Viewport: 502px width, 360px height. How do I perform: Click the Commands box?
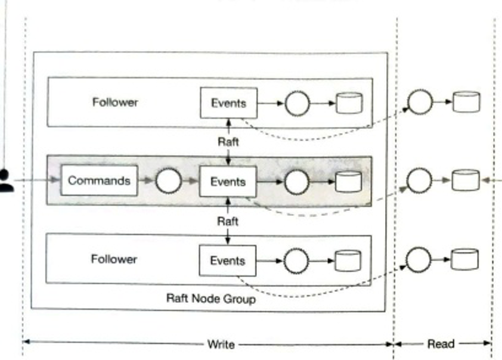click(99, 181)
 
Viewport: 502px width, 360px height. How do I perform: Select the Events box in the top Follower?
click(228, 103)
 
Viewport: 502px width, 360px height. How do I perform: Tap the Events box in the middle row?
click(228, 181)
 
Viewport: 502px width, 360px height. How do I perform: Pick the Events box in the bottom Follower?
click(228, 260)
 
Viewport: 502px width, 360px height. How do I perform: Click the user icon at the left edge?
click(6, 181)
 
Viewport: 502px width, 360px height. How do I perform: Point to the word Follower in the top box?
click(115, 102)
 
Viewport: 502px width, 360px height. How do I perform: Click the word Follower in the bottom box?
click(114, 259)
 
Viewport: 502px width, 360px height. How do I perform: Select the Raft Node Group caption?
click(210, 299)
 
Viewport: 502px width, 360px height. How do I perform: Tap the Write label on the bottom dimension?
click(221, 344)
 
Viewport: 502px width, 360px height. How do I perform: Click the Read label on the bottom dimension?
click(441, 344)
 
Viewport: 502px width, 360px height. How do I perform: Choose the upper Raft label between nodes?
click(228, 142)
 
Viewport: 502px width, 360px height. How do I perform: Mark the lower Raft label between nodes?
click(228, 221)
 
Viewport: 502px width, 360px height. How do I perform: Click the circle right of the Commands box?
click(168, 181)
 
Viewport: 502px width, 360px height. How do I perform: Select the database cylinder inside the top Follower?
click(349, 103)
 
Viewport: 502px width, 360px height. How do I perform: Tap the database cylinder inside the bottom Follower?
click(348, 260)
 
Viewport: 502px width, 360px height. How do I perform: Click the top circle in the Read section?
click(420, 102)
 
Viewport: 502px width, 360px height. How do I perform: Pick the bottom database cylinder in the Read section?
click(466, 259)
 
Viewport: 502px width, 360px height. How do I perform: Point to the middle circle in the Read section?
click(420, 180)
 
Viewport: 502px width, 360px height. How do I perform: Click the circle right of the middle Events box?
click(296, 182)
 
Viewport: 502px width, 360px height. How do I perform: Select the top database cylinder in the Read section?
click(466, 102)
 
